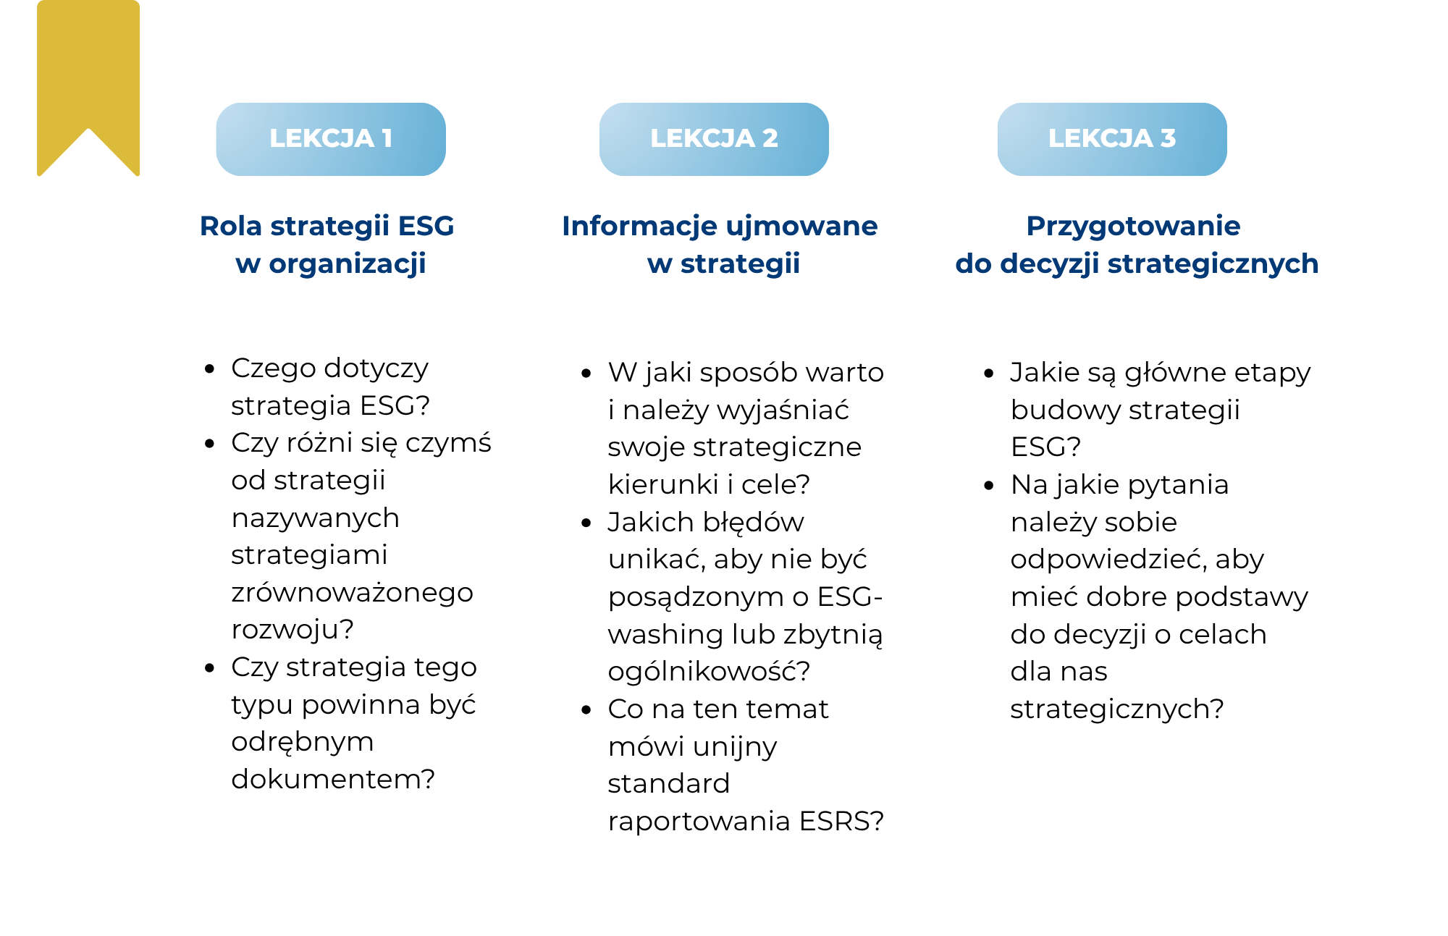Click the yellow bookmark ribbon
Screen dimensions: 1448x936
[x=88, y=72]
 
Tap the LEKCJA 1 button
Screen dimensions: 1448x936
[x=331, y=139]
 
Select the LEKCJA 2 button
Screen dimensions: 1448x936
[x=714, y=139]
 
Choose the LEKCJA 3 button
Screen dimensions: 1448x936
[x=1112, y=139]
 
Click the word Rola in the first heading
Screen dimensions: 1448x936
[x=230, y=226]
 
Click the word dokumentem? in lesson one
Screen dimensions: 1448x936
[x=333, y=779]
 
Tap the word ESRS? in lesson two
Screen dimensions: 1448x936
[x=841, y=821]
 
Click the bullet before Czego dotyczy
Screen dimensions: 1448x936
[x=210, y=369]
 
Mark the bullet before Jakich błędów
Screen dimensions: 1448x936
[x=586, y=523]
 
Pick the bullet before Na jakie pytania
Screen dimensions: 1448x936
[x=990, y=486]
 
